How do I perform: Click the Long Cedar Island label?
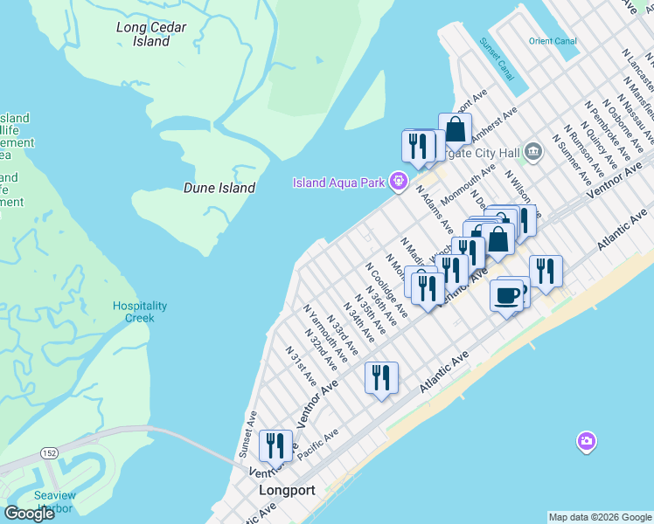[x=151, y=34]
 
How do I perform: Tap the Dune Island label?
[x=219, y=188]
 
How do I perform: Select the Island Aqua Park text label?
[x=340, y=182]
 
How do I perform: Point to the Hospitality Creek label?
[x=140, y=312]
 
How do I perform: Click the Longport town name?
[x=287, y=491]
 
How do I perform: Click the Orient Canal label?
[x=553, y=41]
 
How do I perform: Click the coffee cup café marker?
[x=508, y=296]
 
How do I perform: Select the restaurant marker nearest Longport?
[x=275, y=445]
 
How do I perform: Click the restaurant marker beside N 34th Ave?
[x=381, y=377]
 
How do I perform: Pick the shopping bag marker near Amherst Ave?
[x=456, y=130]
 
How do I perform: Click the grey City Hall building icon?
[x=533, y=154]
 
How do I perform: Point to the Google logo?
[x=29, y=513]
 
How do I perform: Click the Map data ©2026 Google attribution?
[x=600, y=517]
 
